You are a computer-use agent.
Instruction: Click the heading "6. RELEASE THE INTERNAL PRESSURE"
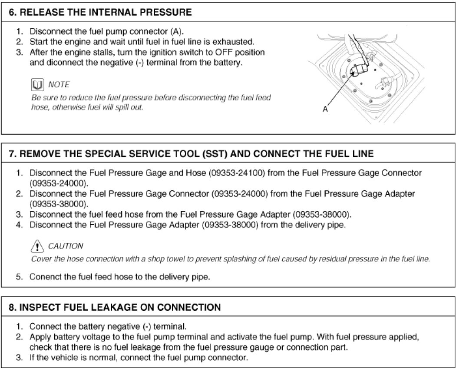click(100, 12)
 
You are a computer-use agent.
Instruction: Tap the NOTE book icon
click(36, 84)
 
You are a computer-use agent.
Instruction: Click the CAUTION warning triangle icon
click(36, 246)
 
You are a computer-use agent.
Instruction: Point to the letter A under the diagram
click(325, 110)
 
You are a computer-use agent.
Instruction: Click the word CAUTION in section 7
click(65, 246)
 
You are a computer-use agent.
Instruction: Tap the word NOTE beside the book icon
click(59, 84)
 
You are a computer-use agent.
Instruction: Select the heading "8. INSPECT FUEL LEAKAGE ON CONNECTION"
click(115, 307)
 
